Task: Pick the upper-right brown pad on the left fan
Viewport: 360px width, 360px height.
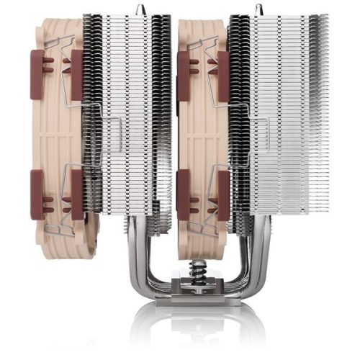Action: pos(76,65)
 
